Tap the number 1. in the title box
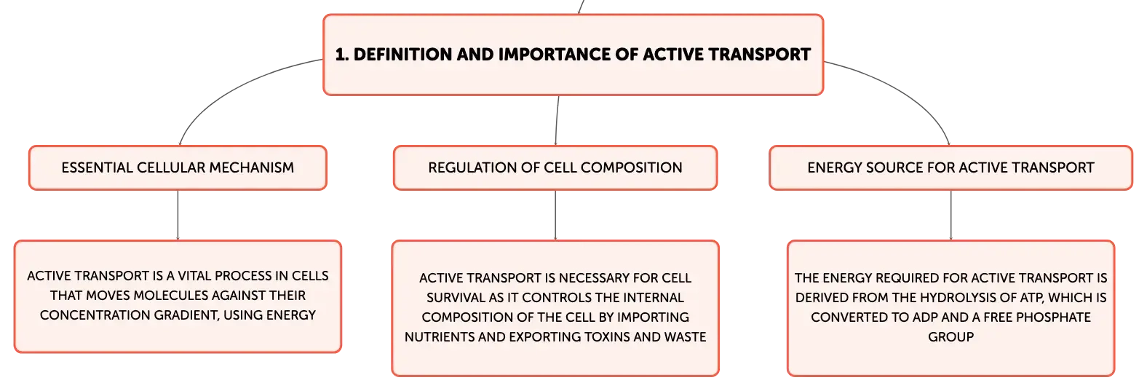click(342, 55)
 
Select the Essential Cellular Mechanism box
click(178, 167)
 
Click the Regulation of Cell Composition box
click(555, 167)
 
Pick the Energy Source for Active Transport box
click(950, 167)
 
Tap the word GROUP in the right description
click(951, 336)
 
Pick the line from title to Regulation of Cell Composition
click(557, 120)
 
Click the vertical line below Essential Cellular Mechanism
click(178, 216)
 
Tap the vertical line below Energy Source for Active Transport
click(951, 216)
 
